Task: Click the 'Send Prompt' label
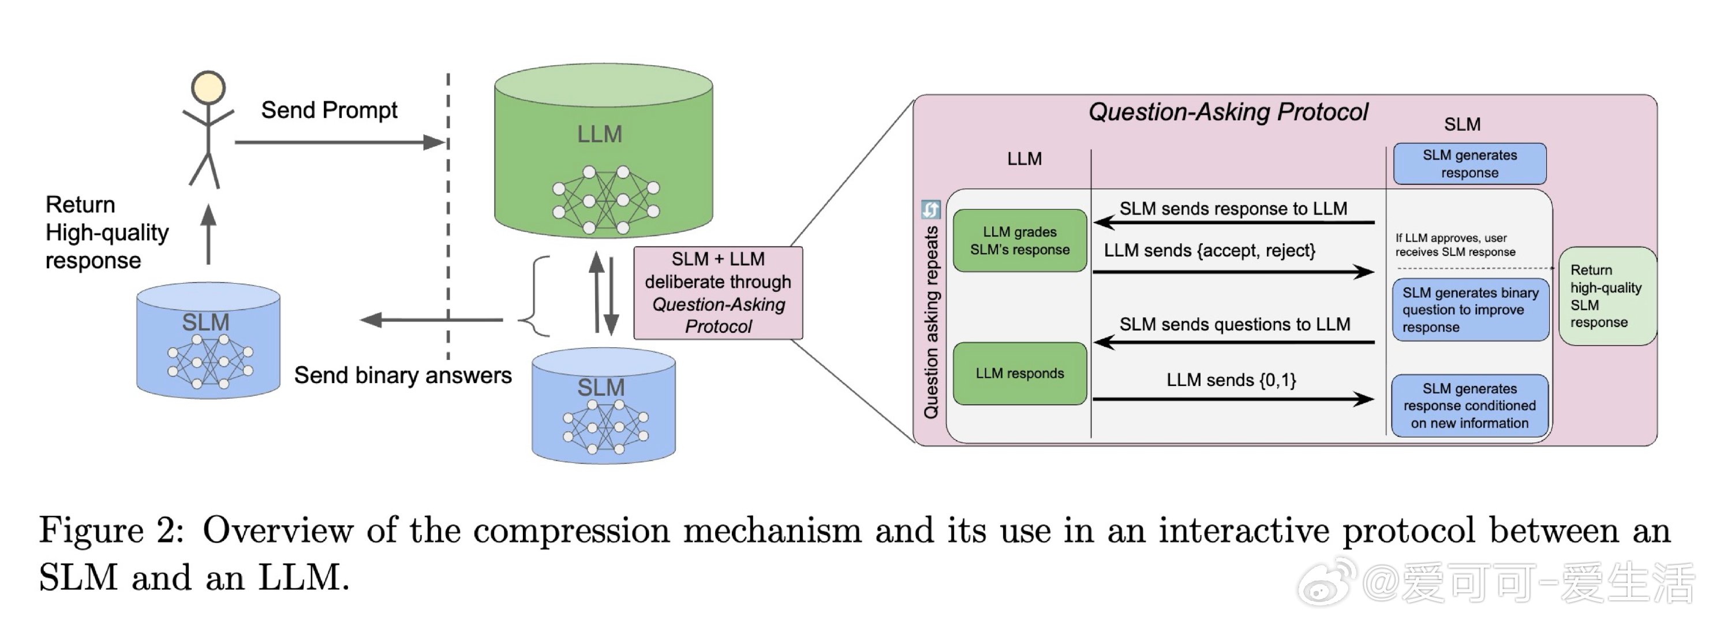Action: (329, 110)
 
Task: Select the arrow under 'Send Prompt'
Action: (338, 142)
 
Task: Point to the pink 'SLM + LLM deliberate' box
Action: (718, 293)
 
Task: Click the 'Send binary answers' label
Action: (403, 376)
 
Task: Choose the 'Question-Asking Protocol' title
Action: (1228, 112)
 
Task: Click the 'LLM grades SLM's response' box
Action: (1020, 241)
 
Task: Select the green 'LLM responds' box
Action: (1020, 374)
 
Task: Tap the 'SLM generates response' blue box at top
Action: (1469, 164)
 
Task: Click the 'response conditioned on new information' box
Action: (1469, 406)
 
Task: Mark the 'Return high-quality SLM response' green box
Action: (1606, 296)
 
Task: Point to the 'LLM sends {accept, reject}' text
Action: (1209, 251)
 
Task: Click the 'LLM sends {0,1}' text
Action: (1231, 380)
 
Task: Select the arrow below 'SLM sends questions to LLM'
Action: (1234, 343)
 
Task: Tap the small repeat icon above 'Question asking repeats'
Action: (931, 210)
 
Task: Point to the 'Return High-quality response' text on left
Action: (106, 232)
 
